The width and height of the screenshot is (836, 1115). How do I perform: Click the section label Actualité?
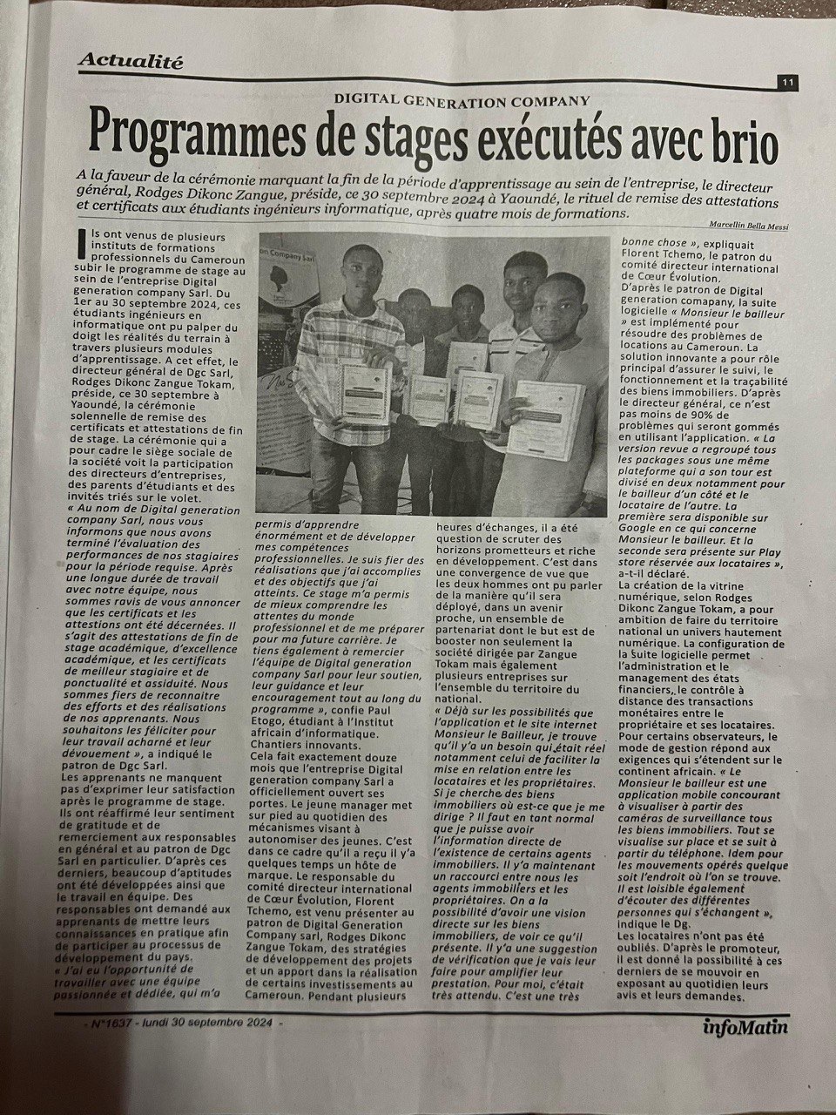131,61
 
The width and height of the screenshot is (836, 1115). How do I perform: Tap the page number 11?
786,82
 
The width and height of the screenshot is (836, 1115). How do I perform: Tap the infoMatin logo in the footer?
747,1026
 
